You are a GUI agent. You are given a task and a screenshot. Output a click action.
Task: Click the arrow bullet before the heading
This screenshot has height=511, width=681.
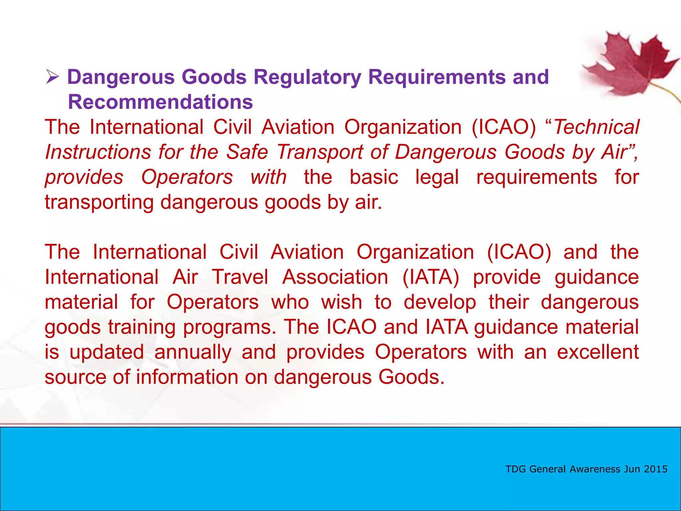[x=53, y=77]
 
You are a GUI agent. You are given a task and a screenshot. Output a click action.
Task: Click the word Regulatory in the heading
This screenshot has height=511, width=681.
[x=307, y=77]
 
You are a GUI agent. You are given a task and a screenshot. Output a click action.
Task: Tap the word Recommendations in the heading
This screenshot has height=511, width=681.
[x=160, y=102]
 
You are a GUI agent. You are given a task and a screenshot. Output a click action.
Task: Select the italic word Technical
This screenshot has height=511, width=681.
[x=596, y=127]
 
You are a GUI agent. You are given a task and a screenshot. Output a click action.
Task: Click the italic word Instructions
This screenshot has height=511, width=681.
[x=98, y=152]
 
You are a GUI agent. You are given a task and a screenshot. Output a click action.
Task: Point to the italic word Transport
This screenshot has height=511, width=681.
[x=320, y=152]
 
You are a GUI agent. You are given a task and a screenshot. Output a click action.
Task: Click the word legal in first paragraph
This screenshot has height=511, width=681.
[x=437, y=177]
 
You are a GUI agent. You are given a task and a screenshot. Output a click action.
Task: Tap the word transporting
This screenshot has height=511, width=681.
[x=99, y=202]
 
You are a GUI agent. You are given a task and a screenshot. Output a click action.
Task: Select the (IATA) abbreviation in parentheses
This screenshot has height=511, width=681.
[x=431, y=277]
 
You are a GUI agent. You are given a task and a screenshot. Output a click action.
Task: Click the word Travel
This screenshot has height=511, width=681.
[x=240, y=277]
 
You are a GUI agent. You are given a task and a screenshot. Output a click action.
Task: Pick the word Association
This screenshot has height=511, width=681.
[x=335, y=277]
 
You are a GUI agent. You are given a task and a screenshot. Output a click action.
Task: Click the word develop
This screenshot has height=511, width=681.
[x=440, y=302]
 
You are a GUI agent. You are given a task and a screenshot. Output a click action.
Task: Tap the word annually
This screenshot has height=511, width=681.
[x=193, y=352]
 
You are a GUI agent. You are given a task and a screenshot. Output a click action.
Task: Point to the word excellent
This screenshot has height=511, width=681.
[x=598, y=352]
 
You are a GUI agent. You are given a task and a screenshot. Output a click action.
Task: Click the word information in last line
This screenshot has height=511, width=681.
[x=187, y=377]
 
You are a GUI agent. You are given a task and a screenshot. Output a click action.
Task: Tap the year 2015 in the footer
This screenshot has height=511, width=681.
[x=655, y=469]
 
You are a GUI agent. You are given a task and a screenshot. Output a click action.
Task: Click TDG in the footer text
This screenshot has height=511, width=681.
[x=516, y=469]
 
